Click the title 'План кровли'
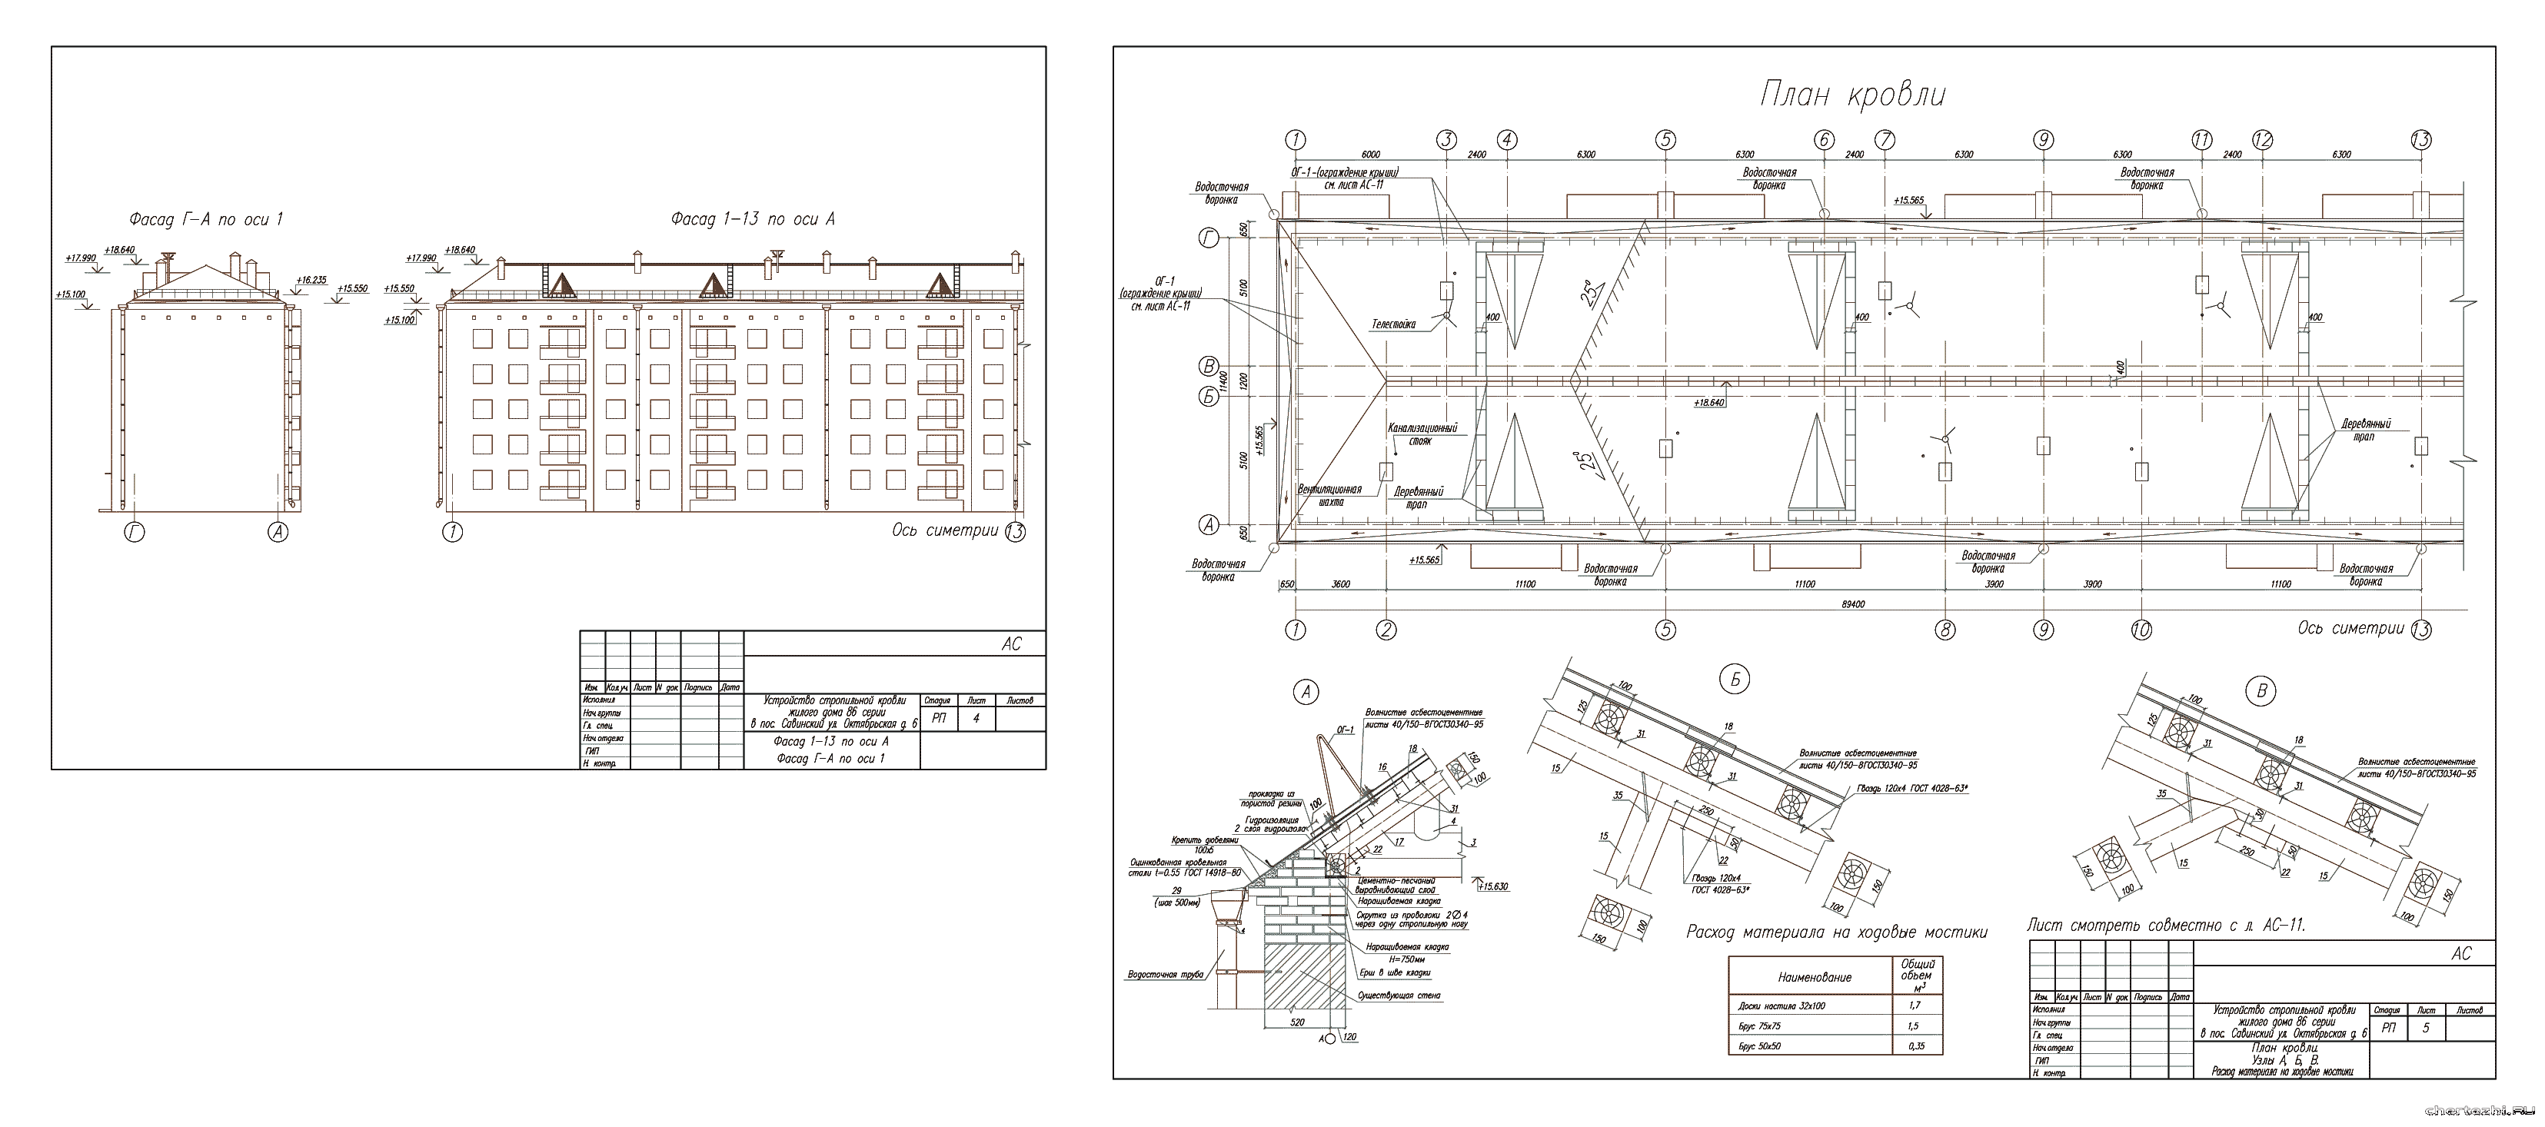(x=1852, y=96)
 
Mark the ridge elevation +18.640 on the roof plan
(x=1708, y=403)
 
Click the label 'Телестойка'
(x=1393, y=324)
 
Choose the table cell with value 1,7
(x=1915, y=1006)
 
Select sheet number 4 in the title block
(x=976, y=718)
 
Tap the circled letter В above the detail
(x=2261, y=691)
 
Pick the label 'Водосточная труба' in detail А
(x=1166, y=975)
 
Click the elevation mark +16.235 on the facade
(x=312, y=281)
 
